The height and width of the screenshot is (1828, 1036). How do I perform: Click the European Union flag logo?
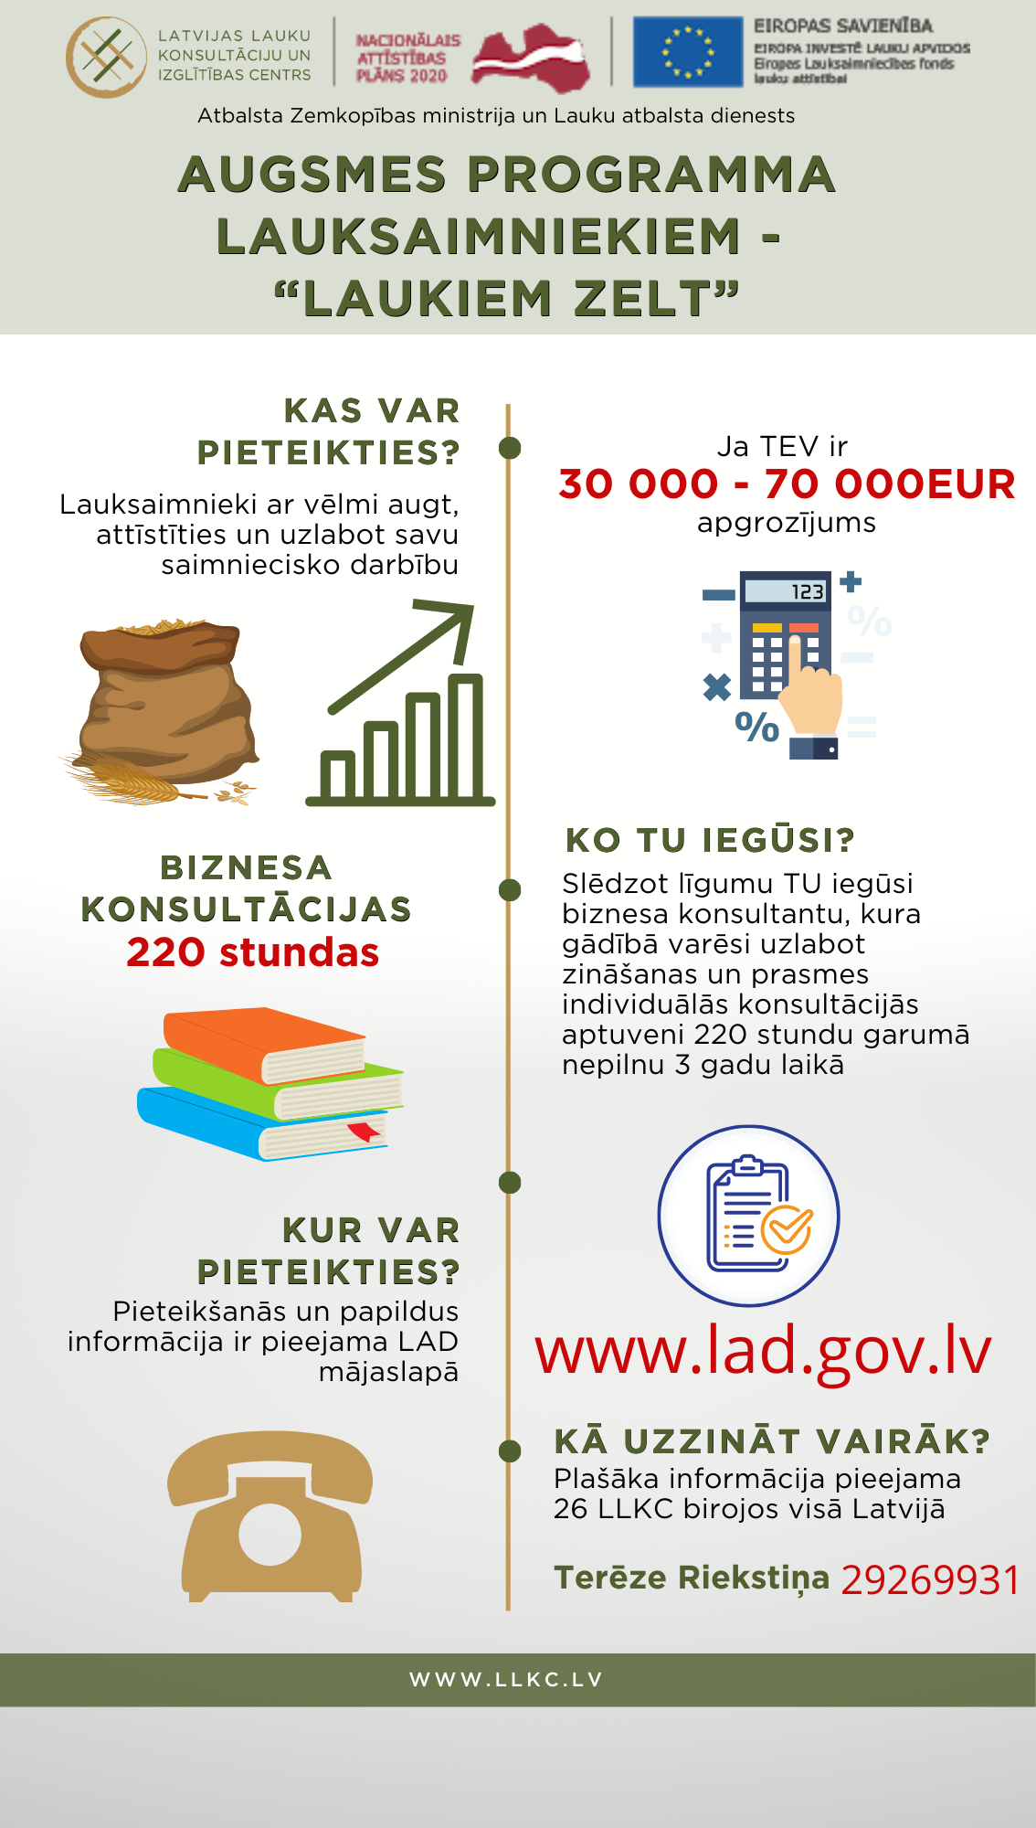688,52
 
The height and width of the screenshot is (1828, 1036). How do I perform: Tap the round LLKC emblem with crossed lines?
106,57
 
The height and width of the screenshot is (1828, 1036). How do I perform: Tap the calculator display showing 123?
785,591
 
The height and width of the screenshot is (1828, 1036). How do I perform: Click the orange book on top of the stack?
265,1042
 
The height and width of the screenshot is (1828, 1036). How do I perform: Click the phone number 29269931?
929,1580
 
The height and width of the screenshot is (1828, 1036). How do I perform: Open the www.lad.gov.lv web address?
763,1351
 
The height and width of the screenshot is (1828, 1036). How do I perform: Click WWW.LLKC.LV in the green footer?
506,1680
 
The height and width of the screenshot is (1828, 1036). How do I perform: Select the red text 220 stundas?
252,952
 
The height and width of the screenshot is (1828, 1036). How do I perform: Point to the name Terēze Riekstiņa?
692,1578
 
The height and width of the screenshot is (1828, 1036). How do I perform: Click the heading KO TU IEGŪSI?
710,840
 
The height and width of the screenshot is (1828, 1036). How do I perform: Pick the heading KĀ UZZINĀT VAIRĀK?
772,1441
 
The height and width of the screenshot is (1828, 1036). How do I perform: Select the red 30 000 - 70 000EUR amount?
787,484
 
